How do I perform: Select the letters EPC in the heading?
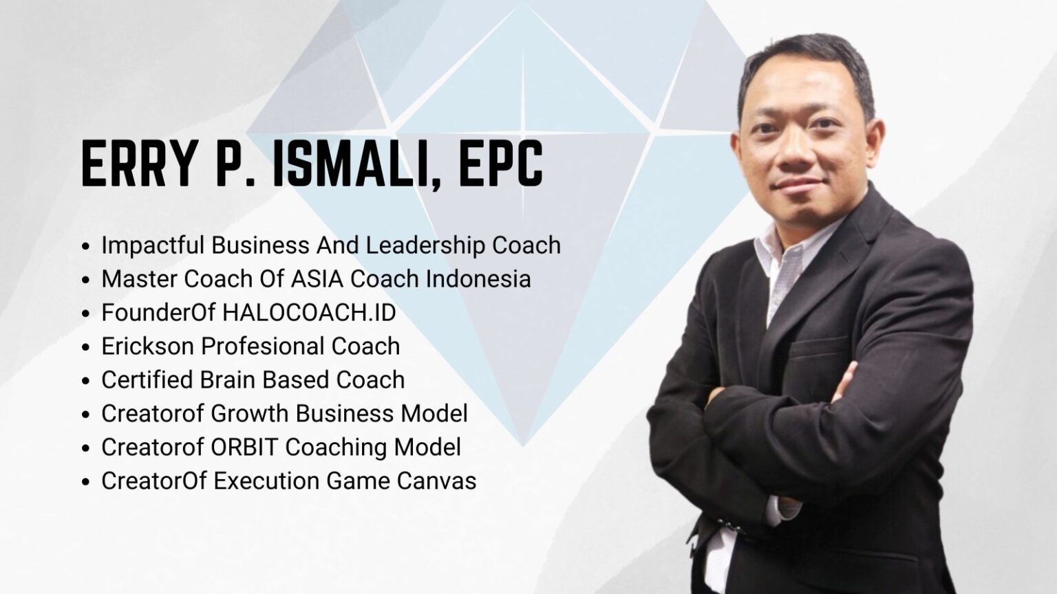501,164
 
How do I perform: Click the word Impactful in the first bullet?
152,245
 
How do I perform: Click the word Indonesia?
478,278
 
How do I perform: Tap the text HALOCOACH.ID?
309,313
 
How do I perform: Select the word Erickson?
148,346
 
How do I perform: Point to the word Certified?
147,379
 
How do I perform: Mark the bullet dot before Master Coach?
85,280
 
